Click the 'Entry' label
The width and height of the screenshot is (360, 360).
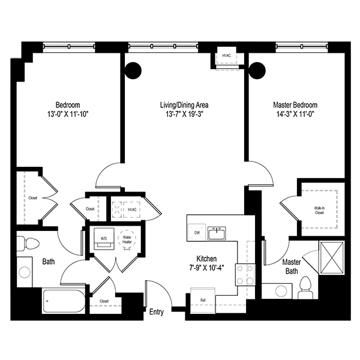click(156, 311)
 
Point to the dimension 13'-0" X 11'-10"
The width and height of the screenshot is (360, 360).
click(68, 113)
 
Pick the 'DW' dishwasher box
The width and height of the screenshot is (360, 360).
click(196, 232)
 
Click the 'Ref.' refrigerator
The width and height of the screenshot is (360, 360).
click(203, 299)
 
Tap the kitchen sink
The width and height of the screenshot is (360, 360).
click(217, 232)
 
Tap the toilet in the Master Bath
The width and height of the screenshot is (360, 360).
click(304, 287)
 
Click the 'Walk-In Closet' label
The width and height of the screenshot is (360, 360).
click(322, 210)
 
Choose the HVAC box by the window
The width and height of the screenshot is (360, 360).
click(227, 56)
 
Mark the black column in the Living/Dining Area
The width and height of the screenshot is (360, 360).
click(133, 70)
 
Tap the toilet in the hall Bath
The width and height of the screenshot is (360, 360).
click(28, 242)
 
